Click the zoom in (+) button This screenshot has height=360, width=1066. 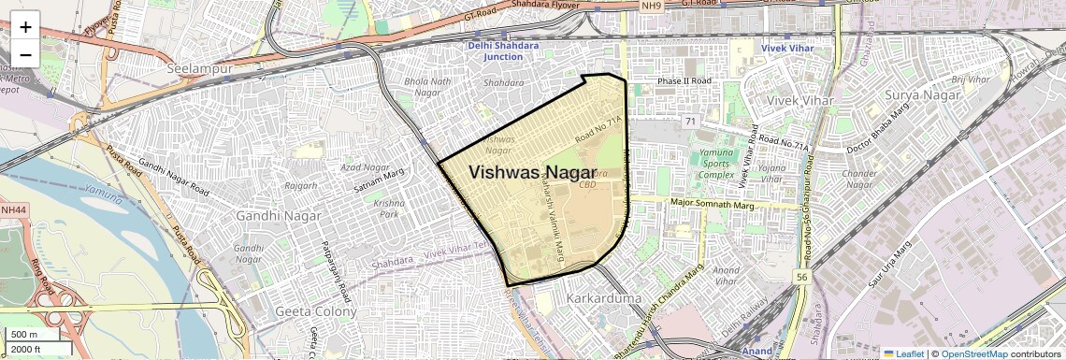coord(25,26)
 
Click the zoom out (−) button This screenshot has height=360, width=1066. coord(25,54)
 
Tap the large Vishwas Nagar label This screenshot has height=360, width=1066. coord(532,172)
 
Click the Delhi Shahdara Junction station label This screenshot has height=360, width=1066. coord(497,51)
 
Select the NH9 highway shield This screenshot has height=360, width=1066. coord(651,6)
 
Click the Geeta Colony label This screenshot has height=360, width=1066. coord(311,311)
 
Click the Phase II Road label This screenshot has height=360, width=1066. coord(684,80)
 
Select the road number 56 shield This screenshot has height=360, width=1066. coord(801,277)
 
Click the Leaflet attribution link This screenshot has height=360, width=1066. coord(903,353)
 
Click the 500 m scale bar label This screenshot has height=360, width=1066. coord(24,334)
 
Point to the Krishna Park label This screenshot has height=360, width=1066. coord(388,208)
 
